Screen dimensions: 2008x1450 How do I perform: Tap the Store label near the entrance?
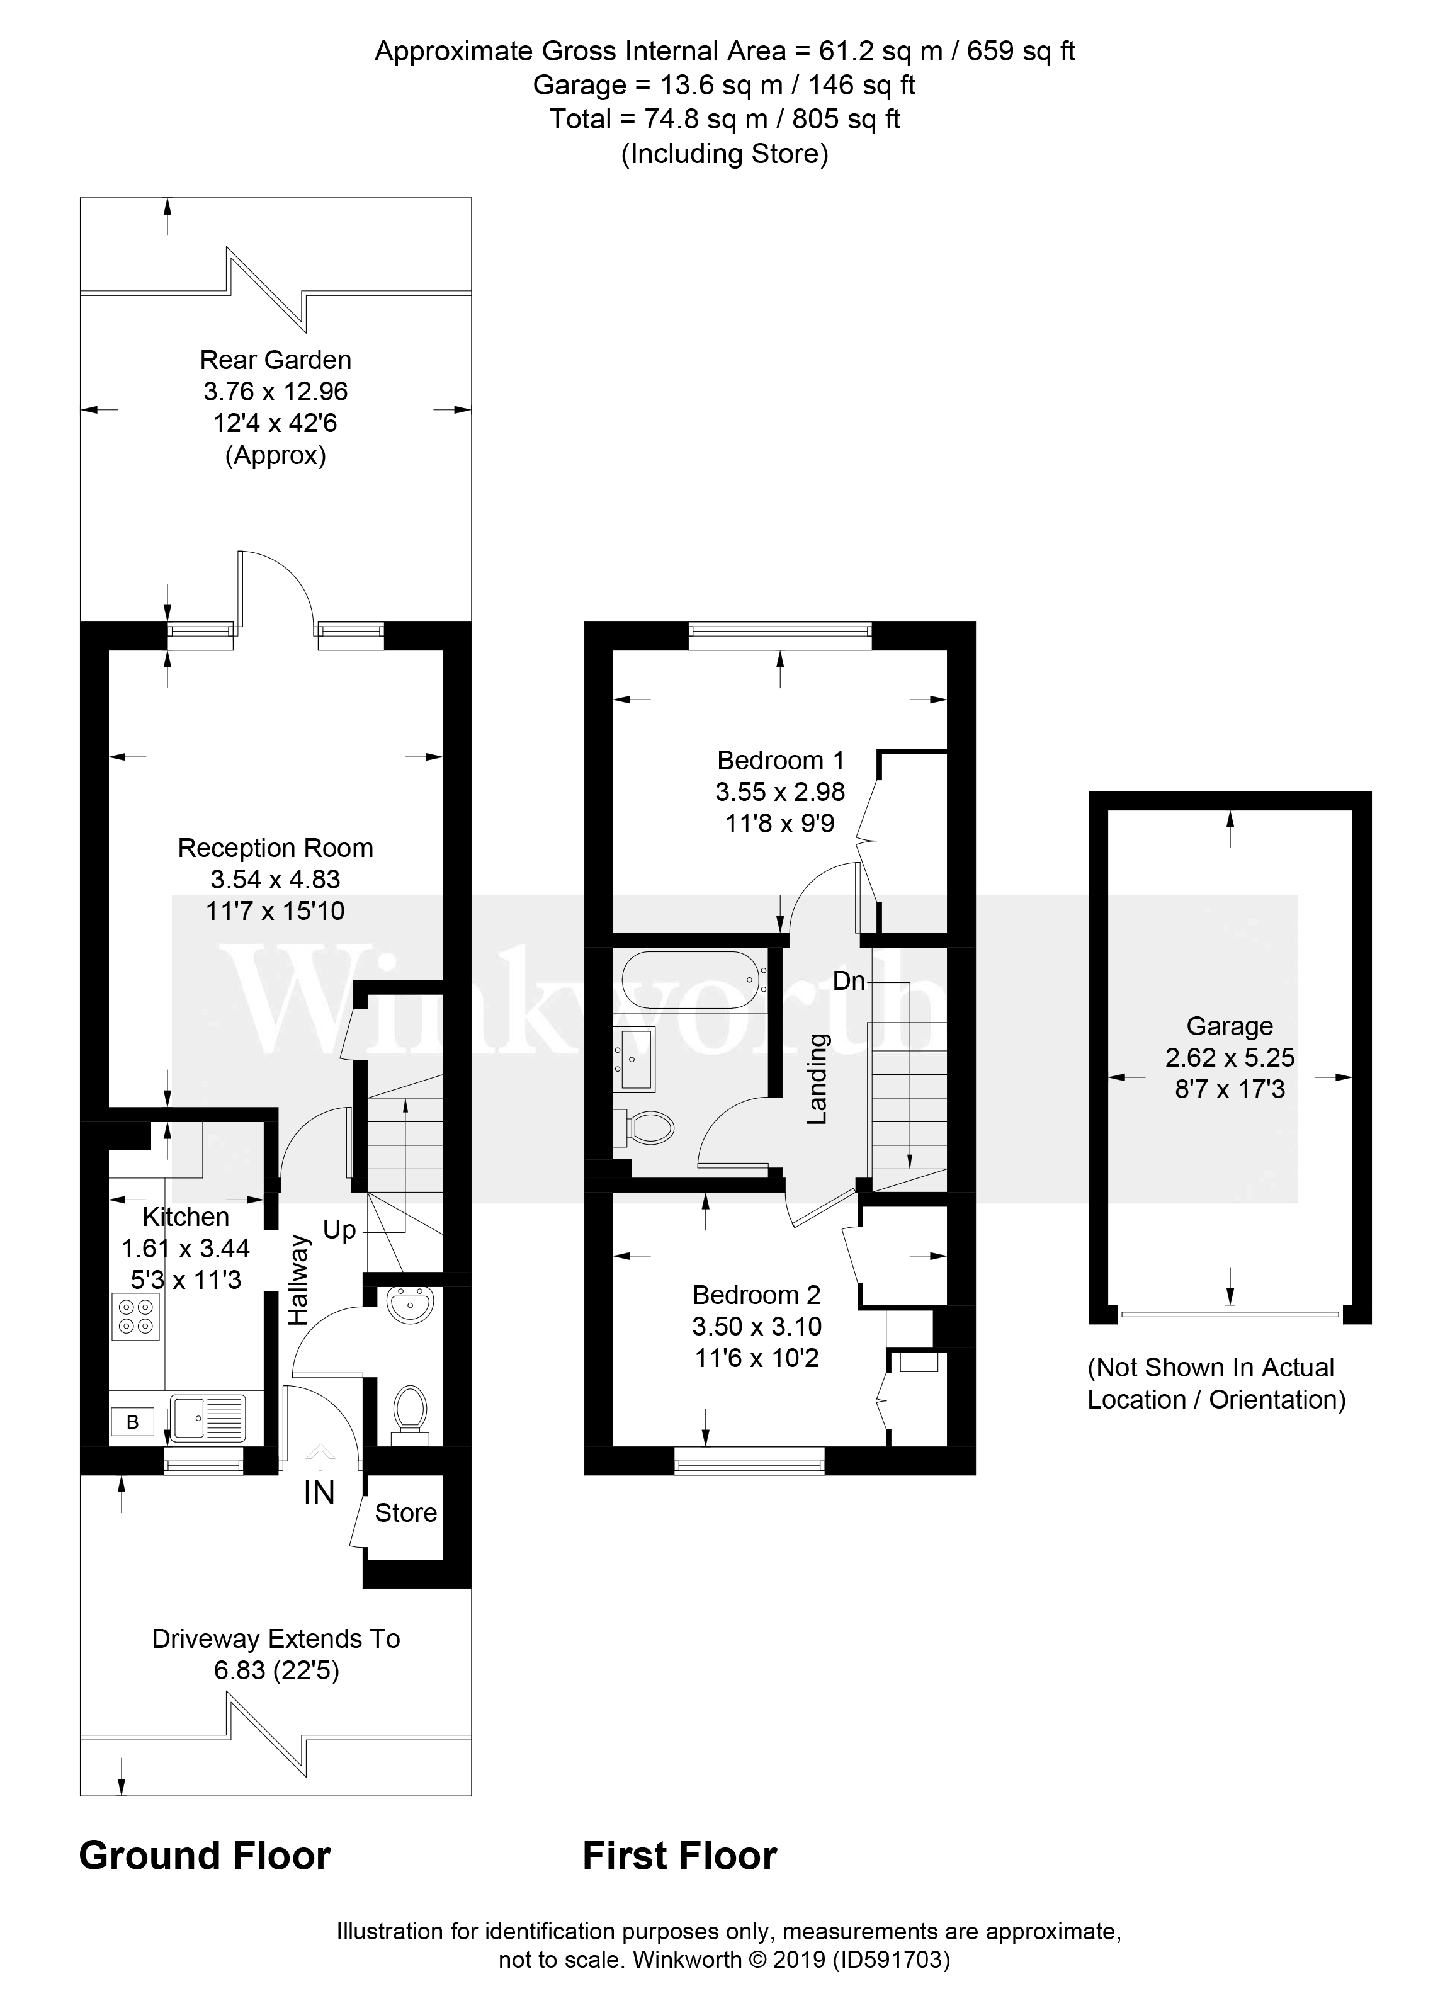[405, 1513]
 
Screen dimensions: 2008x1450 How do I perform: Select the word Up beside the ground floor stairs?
[339, 1230]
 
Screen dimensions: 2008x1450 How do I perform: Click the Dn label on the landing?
[848, 981]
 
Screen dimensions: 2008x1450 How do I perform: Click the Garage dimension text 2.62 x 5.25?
[1230, 1057]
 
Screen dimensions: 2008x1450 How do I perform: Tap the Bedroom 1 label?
[780, 759]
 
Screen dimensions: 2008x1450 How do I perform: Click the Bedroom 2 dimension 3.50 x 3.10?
[757, 1326]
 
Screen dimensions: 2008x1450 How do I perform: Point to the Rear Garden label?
[275, 360]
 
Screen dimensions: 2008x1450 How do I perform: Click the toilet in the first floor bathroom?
[650, 1128]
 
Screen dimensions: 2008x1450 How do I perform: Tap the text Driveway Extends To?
[275, 1639]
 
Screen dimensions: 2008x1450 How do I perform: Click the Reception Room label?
[275, 848]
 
